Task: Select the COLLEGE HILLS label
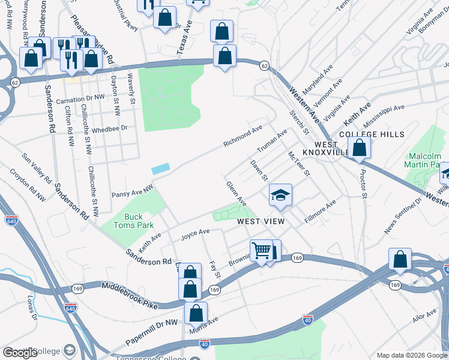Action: coord(372,134)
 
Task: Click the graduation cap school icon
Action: coord(280,196)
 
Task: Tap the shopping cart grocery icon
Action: coord(262,250)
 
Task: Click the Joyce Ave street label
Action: coord(195,232)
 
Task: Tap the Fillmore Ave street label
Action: coord(320,213)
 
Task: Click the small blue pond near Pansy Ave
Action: coord(161,170)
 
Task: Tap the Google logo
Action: coord(20,353)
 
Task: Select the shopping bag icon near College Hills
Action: coord(359,148)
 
